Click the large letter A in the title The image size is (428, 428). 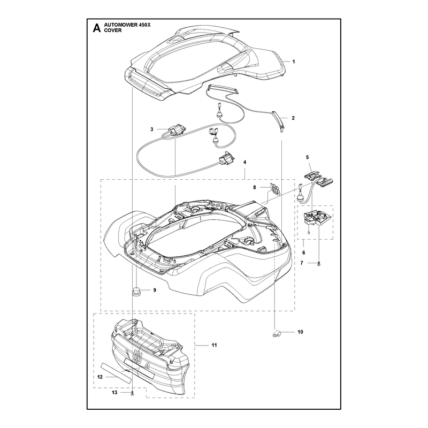pyautogui.click(x=97, y=28)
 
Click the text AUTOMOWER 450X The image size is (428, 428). pyautogui.click(x=127, y=25)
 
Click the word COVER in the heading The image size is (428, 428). pyautogui.click(x=113, y=30)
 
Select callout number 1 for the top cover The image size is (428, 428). pyautogui.click(x=294, y=62)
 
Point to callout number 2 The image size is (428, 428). pyautogui.click(x=293, y=118)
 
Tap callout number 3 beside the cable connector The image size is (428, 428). pyautogui.click(x=152, y=129)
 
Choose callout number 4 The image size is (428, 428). pyautogui.click(x=245, y=162)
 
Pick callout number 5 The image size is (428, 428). pyautogui.click(x=307, y=157)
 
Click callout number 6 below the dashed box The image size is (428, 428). pyautogui.click(x=304, y=253)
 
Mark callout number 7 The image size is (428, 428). pyautogui.click(x=302, y=263)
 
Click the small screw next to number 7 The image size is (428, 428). pyautogui.click(x=319, y=263)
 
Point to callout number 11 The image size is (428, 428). pyautogui.click(x=215, y=345)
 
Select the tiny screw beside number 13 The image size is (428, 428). pyautogui.click(x=132, y=393)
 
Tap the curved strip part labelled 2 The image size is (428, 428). pyautogui.click(x=279, y=121)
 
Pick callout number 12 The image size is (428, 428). pyautogui.click(x=100, y=377)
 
